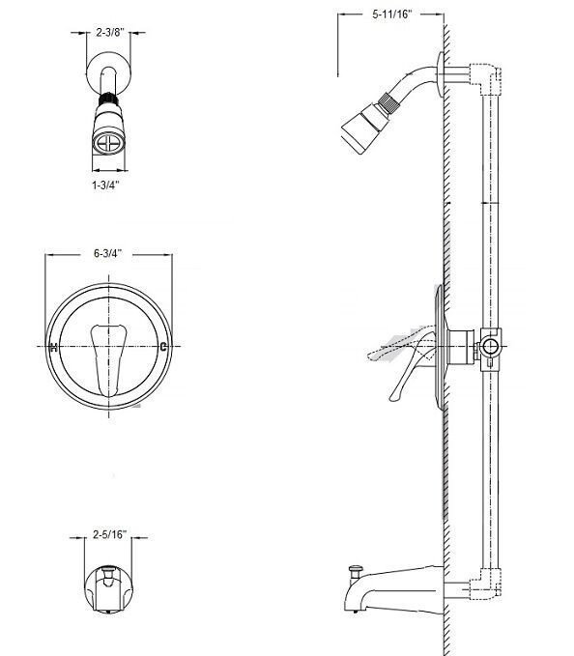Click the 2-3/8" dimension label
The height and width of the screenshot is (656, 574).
(108, 33)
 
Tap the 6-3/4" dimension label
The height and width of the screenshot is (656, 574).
(108, 254)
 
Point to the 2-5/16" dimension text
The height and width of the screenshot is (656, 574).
(109, 532)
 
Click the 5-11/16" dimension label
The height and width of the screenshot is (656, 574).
(390, 15)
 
